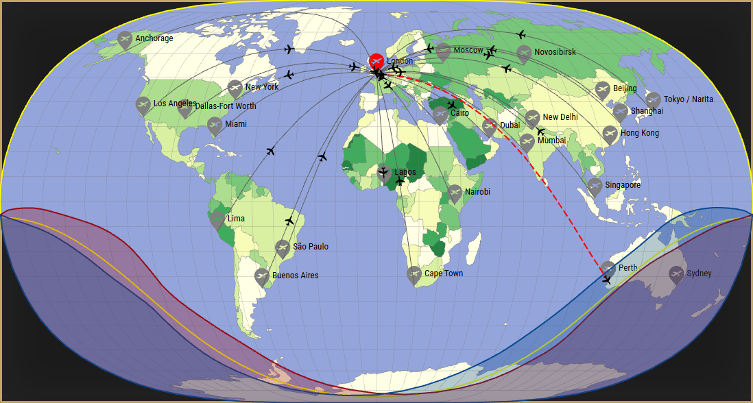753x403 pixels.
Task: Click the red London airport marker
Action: pyautogui.click(x=376, y=62)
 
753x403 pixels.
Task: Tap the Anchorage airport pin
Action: pyautogui.click(x=125, y=40)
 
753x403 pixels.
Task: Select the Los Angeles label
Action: pyautogui.click(x=175, y=103)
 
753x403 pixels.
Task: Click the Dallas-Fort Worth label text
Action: pyautogui.click(x=226, y=106)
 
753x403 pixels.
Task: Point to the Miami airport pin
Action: pyautogui.click(x=215, y=125)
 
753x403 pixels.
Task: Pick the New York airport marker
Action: pyautogui.click(x=235, y=88)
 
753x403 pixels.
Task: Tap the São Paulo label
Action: pyautogui.click(x=311, y=247)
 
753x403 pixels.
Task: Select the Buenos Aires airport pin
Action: pyautogui.click(x=261, y=277)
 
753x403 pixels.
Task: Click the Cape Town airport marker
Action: pyautogui.click(x=414, y=275)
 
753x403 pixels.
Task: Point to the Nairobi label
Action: pyautogui.click(x=477, y=192)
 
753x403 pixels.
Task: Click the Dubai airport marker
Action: pyautogui.click(x=490, y=126)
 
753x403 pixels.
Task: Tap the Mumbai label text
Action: pyautogui.click(x=551, y=141)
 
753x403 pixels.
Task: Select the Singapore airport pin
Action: pyautogui.click(x=595, y=186)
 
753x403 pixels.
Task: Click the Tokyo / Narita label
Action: pyautogui.click(x=688, y=99)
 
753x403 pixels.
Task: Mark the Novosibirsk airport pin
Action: pyautogui.click(x=524, y=53)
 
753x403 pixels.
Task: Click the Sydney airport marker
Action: pyautogui.click(x=676, y=274)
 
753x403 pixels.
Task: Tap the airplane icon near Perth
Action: pyautogui.click(x=607, y=280)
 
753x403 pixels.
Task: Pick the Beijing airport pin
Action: pyautogui.click(x=602, y=90)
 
